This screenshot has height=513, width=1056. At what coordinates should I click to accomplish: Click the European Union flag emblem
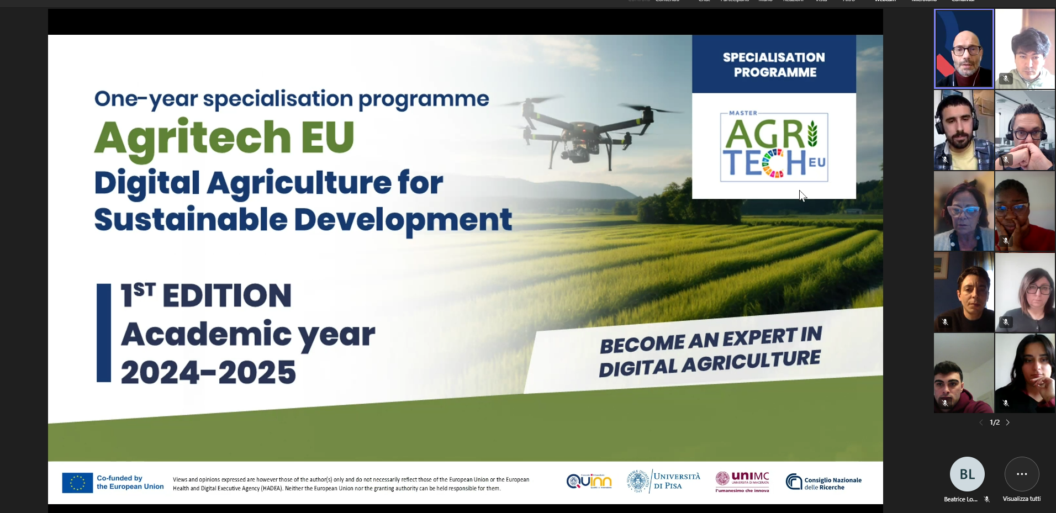(77, 483)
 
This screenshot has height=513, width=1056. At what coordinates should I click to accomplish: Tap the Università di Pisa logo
(664, 481)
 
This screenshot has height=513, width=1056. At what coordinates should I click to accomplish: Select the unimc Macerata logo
(742, 482)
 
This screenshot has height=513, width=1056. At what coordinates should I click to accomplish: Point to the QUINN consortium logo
(589, 481)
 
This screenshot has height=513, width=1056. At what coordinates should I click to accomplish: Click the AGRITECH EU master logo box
(774, 147)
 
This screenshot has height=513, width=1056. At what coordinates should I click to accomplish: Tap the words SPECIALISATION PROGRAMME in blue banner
(774, 65)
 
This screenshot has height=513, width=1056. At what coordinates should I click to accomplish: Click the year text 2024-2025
(208, 372)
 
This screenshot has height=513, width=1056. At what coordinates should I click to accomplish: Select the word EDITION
(226, 295)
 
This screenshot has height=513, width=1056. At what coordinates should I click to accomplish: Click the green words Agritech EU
(224, 138)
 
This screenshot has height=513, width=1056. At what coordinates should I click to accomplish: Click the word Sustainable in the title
(191, 220)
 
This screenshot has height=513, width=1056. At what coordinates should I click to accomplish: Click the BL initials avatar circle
(967, 474)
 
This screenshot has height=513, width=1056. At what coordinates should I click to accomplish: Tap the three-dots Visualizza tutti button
(1021, 474)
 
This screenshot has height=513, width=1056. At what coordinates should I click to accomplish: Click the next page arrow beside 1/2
(1008, 422)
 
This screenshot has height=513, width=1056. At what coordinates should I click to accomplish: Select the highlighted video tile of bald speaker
(964, 49)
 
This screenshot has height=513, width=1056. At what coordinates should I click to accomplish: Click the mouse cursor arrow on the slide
(802, 195)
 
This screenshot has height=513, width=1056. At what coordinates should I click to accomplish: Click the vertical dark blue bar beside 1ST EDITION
(103, 333)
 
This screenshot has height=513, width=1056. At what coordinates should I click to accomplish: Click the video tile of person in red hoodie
(963, 373)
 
